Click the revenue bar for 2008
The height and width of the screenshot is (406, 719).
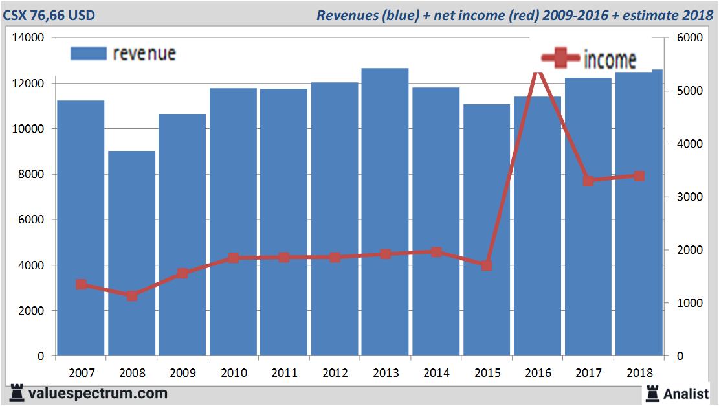(131, 253)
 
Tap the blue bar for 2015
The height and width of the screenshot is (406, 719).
(487, 230)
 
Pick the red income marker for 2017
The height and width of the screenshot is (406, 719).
(588, 181)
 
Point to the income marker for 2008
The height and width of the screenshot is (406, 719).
(132, 296)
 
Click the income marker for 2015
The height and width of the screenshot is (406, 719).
(487, 265)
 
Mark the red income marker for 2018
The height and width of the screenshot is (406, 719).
(639, 176)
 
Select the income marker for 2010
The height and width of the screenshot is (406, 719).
(234, 258)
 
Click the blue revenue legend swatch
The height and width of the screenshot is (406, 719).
(88, 53)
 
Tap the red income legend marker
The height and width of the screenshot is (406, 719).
(560, 59)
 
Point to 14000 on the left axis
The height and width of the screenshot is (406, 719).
(28, 38)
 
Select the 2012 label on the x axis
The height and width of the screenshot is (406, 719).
(335, 374)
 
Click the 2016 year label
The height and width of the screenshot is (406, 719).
(538, 374)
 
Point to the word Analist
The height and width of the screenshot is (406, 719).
(687, 392)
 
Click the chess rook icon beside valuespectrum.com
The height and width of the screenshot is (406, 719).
(17, 392)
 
